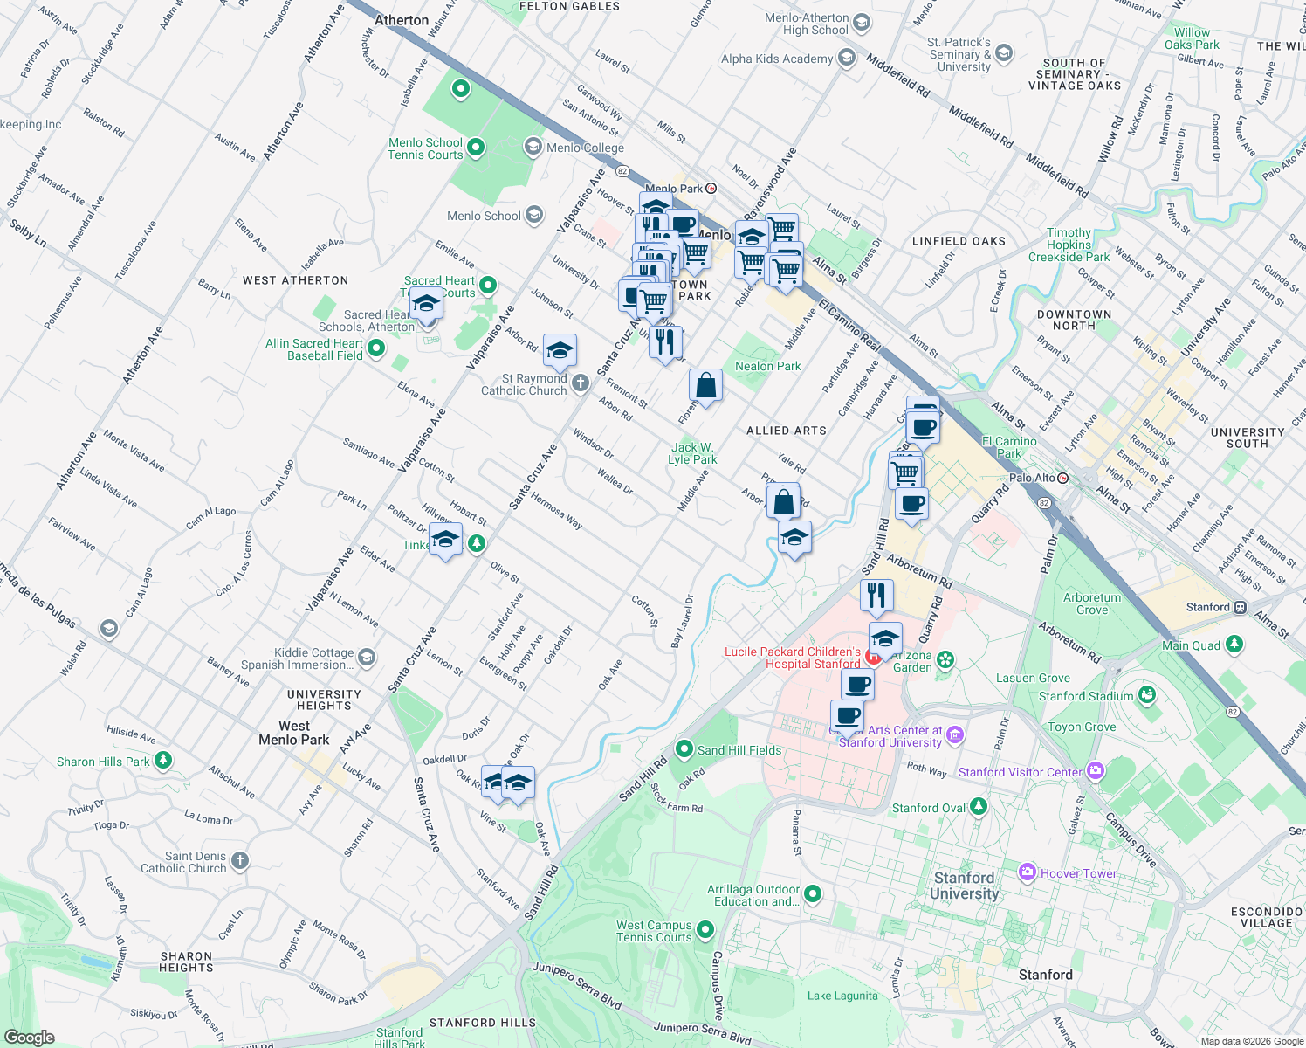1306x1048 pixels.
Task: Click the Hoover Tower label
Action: [1078, 873]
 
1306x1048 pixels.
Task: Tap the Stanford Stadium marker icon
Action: [1147, 695]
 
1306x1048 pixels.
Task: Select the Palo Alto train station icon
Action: [1062, 478]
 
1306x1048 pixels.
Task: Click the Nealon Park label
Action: [767, 366]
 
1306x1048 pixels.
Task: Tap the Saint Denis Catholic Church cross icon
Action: [240, 861]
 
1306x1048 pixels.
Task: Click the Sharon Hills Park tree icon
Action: [163, 761]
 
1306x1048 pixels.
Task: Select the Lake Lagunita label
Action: [842, 996]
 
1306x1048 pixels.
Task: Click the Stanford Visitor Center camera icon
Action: [1096, 771]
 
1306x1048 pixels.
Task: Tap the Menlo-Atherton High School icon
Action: [862, 23]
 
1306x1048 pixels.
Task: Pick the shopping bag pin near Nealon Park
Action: [705, 385]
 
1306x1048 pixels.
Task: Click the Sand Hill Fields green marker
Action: [684, 749]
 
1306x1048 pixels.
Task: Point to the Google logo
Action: [30, 1037]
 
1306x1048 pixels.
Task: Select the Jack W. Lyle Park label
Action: [692, 453]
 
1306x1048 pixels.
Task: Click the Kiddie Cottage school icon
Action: [368, 658]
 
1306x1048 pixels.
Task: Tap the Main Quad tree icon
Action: [1234, 645]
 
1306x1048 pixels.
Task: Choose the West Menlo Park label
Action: [293, 733]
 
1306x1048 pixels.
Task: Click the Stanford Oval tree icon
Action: [979, 807]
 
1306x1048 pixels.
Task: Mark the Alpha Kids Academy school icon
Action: [846, 59]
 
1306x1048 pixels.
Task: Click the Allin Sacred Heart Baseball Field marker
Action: [376, 348]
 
